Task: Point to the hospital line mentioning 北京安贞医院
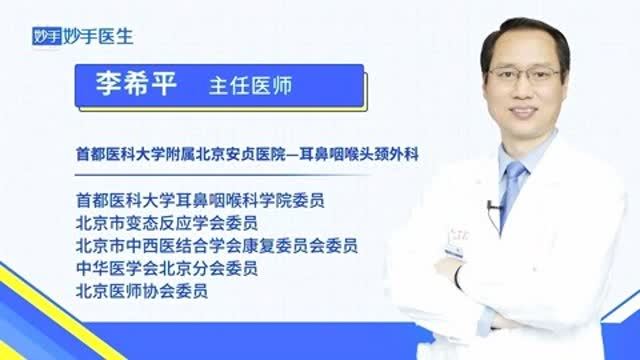[x=251, y=156]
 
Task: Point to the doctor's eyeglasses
[x=522, y=75]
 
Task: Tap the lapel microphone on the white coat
[x=491, y=208]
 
